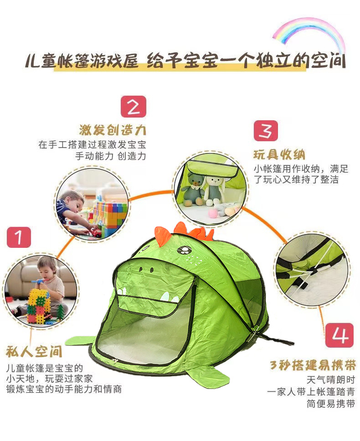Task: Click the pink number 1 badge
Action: click(19, 238)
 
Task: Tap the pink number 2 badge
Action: click(134, 107)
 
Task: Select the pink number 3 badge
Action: click(266, 130)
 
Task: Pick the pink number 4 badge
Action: click(339, 336)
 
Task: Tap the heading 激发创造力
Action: click(113, 130)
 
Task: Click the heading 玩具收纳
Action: click(279, 154)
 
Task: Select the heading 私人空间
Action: click(34, 353)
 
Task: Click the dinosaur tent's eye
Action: click(184, 250)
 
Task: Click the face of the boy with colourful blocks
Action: click(73, 203)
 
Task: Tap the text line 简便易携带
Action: click(330, 404)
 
